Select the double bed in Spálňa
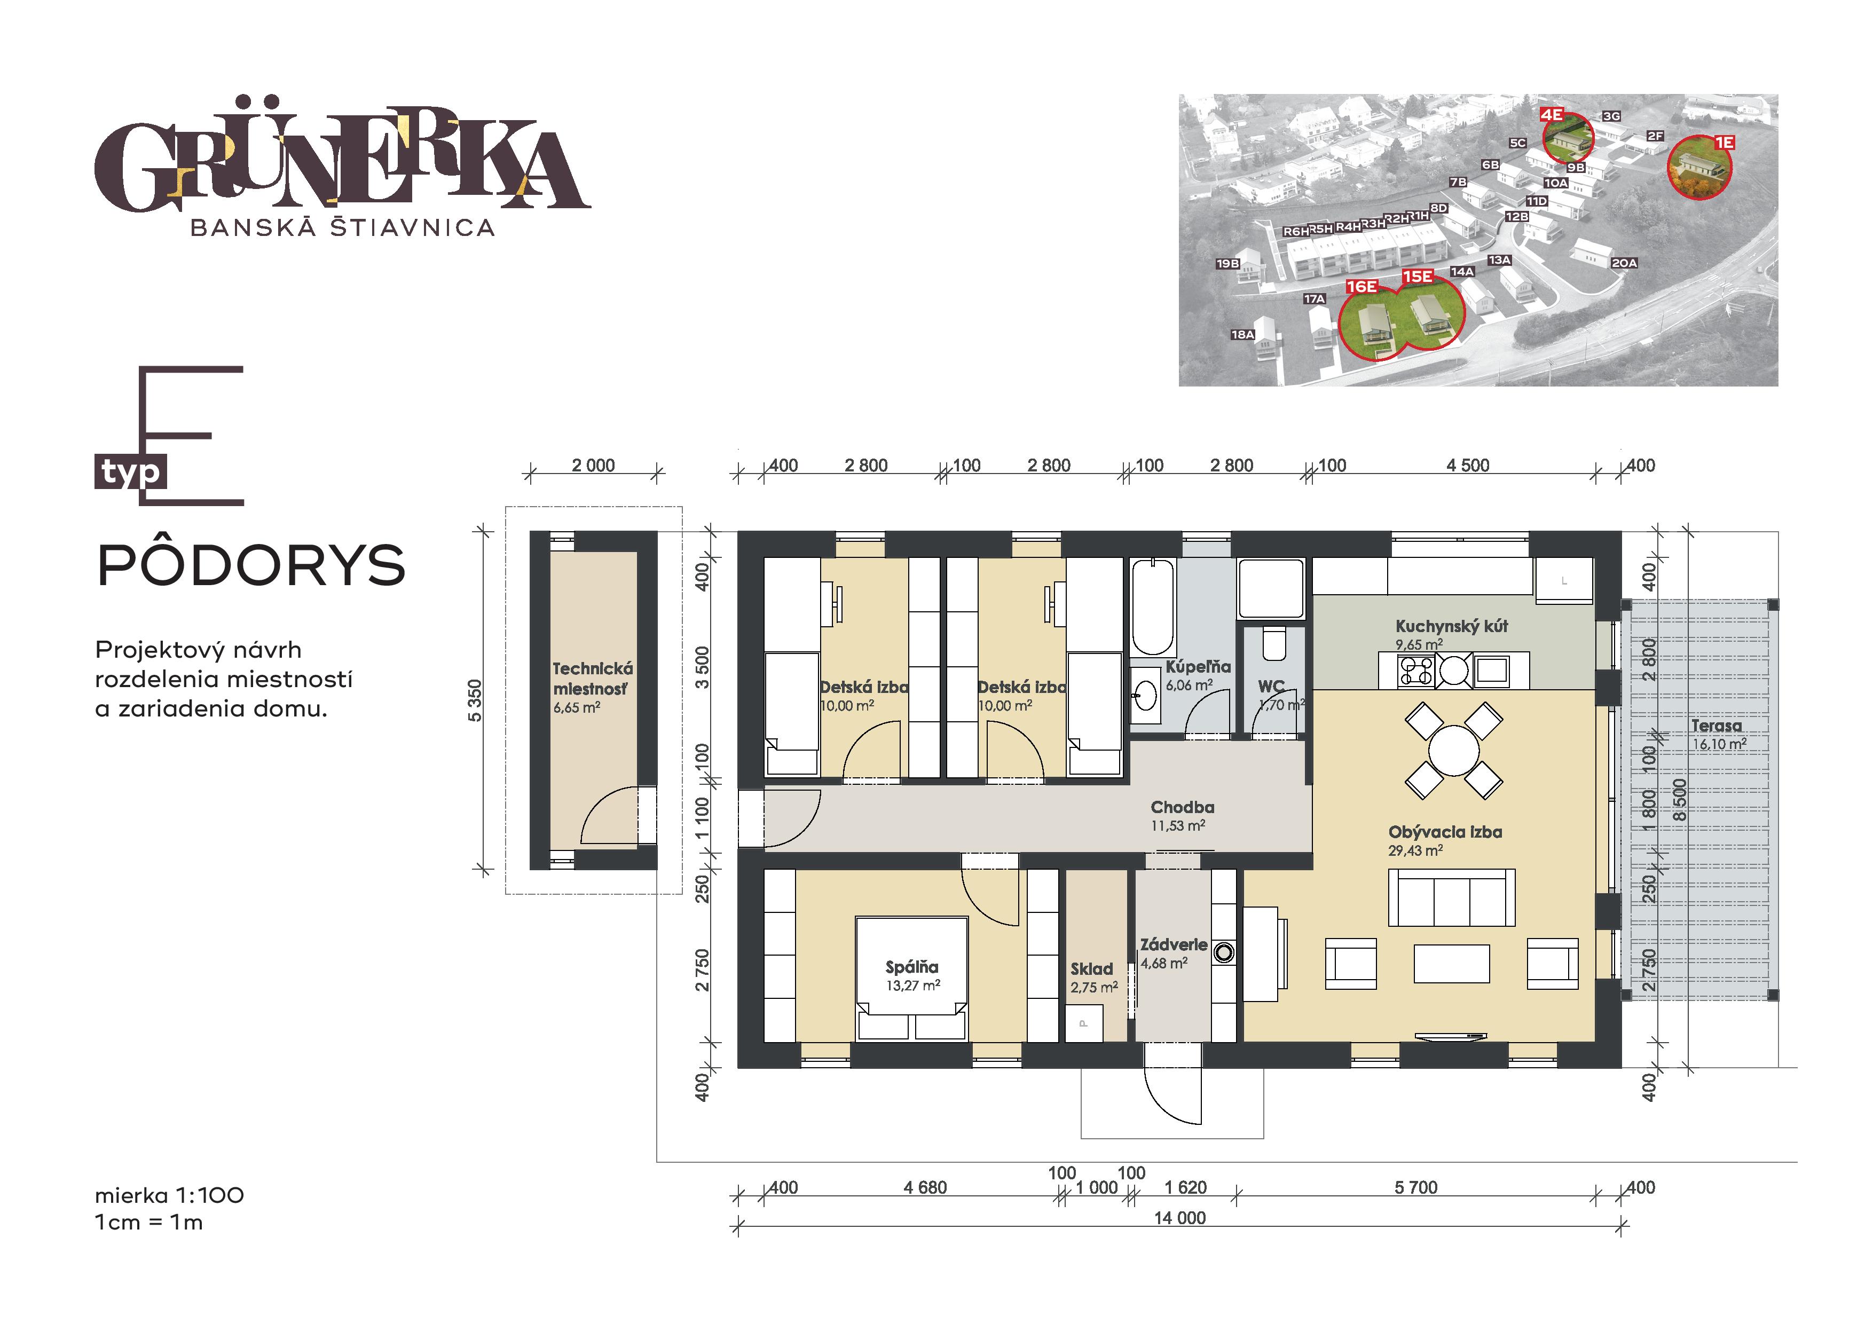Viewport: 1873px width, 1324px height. tap(911, 978)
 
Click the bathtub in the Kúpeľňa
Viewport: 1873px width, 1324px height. tap(1153, 607)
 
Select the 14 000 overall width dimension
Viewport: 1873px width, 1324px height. tap(1179, 1218)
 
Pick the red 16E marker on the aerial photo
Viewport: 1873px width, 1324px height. tap(1362, 286)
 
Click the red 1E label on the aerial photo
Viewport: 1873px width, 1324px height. tap(1724, 143)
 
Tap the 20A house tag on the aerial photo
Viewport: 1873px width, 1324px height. tap(1624, 263)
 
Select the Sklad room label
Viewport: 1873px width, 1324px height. tap(1091, 969)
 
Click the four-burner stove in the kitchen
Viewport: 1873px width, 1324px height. tap(1417, 671)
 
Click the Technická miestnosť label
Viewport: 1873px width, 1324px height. tap(592, 679)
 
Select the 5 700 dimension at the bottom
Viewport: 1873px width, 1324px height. tap(1416, 1188)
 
